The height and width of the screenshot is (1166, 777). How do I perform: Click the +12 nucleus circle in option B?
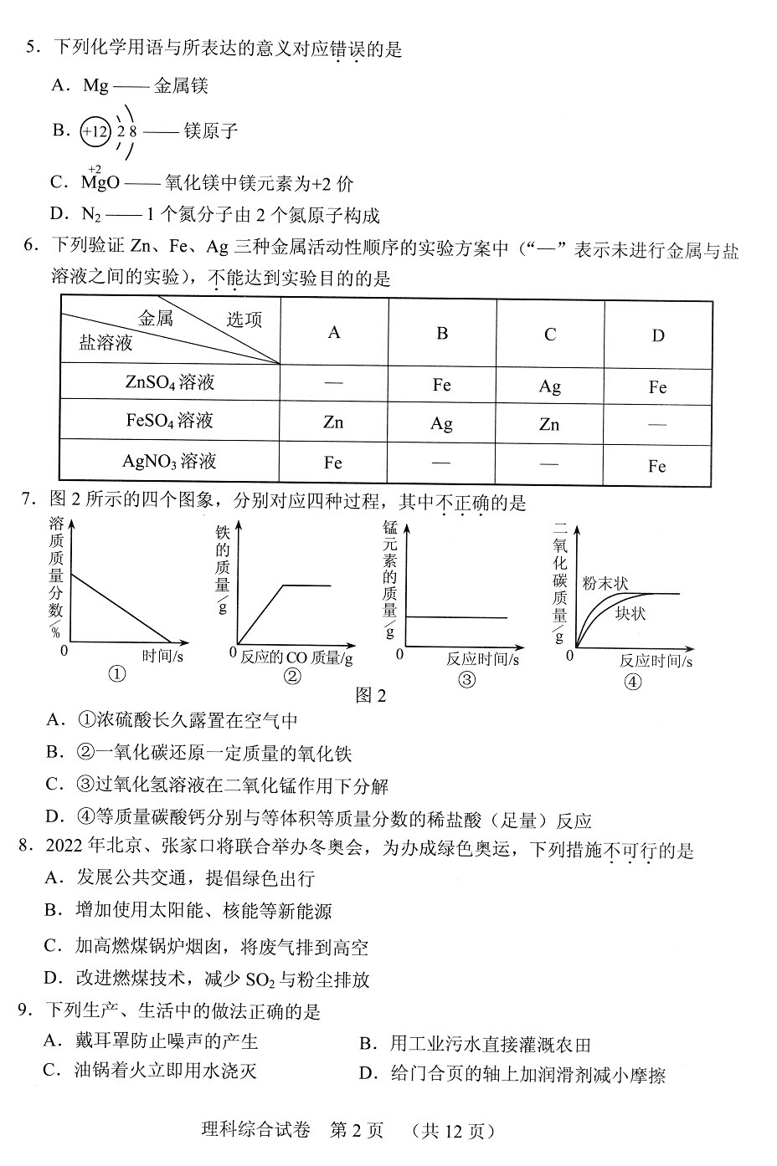(x=95, y=131)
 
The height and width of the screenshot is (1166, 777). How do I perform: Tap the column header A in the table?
(x=334, y=333)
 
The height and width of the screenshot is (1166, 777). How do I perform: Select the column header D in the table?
(x=658, y=335)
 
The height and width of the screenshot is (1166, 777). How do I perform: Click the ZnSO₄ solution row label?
(x=169, y=382)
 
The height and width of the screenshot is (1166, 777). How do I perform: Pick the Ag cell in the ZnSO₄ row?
(x=549, y=386)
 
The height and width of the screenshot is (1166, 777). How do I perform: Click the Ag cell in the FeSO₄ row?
(x=441, y=423)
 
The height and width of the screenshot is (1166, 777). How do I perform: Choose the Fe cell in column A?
(x=333, y=463)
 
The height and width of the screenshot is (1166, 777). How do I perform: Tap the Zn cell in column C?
(x=549, y=425)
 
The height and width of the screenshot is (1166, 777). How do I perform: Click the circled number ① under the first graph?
(x=117, y=674)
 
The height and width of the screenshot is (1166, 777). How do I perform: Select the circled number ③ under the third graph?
(x=466, y=679)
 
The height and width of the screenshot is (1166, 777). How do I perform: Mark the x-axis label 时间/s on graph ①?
(x=162, y=656)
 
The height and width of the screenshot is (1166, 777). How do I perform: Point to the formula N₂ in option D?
(x=91, y=216)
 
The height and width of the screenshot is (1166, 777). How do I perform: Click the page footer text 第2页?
(x=357, y=1131)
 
